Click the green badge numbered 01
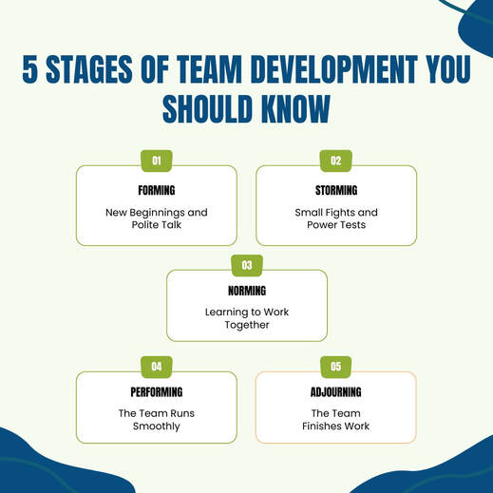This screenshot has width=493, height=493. [157, 161]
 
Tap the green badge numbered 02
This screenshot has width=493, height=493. [336, 161]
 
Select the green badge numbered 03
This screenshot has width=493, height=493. [247, 265]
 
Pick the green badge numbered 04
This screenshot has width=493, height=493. [157, 367]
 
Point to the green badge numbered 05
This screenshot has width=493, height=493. [336, 367]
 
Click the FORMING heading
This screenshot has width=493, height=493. [157, 190]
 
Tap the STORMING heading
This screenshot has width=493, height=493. [336, 190]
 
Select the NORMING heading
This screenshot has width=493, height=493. [247, 291]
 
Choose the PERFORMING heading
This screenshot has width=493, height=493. [157, 392]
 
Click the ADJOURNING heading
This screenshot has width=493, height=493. [336, 392]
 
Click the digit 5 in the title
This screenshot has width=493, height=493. [30, 69]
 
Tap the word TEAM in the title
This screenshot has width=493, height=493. [209, 69]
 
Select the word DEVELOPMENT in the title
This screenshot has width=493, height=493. [334, 69]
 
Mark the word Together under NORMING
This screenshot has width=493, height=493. [247, 325]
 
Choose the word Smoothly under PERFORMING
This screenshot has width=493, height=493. [157, 427]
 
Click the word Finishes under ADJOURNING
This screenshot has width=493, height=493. [322, 427]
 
